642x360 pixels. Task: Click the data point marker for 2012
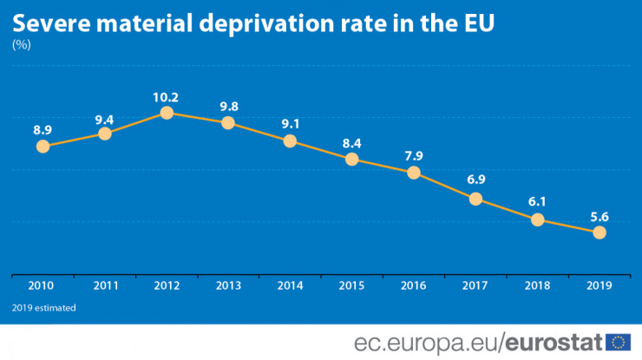pyautogui.click(x=167, y=112)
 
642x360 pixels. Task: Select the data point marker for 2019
pyautogui.click(x=599, y=232)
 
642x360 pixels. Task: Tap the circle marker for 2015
pyautogui.click(x=351, y=159)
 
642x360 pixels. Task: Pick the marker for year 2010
pyautogui.click(x=43, y=146)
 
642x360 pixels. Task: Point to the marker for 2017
pyautogui.click(x=475, y=199)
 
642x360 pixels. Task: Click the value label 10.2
pyautogui.click(x=166, y=96)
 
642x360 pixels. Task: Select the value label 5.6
pyautogui.click(x=599, y=216)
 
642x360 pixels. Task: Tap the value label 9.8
pyautogui.click(x=229, y=107)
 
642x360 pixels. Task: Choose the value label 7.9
pyautogui.click(x=414, y=156)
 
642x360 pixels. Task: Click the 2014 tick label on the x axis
pyautogui.click(x=290, y=285)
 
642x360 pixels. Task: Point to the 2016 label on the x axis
pyautogui.click(x=414, y=285)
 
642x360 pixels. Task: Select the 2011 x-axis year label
pyautogui.click(x=105, y=285)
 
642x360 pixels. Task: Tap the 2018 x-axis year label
pyautogui.click(x=537, y=285)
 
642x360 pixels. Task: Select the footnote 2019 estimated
pyautogui.click(x=44, y=308)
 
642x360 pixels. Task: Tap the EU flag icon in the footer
pyautogui.click(x=619, y=341)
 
